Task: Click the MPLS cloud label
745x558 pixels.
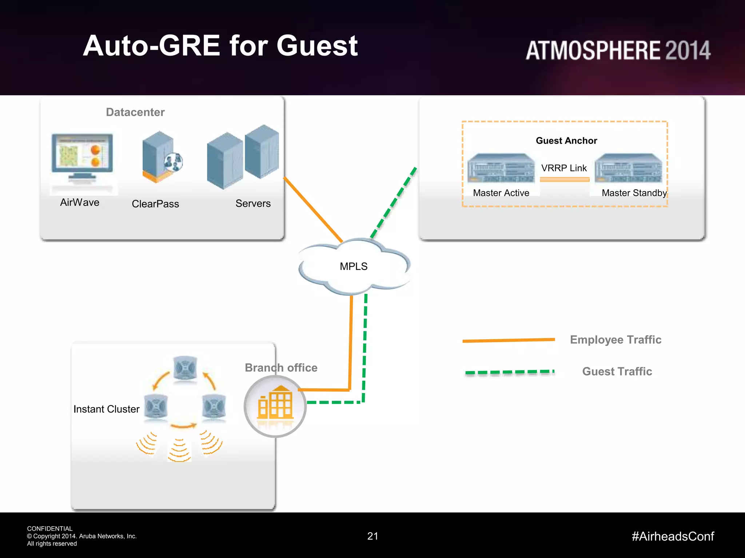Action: [353, 266]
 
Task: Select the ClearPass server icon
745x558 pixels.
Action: [160, 157]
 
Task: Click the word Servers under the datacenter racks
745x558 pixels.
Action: [253, 203]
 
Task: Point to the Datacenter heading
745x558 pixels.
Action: [135, 112]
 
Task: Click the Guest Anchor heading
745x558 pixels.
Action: [566, 141]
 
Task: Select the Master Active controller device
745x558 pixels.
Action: [501, 168]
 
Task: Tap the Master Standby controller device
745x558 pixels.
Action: [628, 168]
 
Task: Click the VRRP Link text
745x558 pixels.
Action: [563, 168]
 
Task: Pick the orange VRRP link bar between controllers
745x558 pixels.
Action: [564, 179]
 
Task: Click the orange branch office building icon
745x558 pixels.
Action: [275, 404]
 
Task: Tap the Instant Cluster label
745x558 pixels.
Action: [106, 409]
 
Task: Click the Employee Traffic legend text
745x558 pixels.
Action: [615, 340]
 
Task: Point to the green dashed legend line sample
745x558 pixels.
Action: [509, 372]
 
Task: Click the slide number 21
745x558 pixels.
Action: [372, 536]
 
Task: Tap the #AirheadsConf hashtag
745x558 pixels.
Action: [673, 536]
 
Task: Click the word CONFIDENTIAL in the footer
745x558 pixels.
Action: [50, 529]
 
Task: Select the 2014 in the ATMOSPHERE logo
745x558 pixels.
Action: [688, 50]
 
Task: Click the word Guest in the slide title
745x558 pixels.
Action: [317, 46]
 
